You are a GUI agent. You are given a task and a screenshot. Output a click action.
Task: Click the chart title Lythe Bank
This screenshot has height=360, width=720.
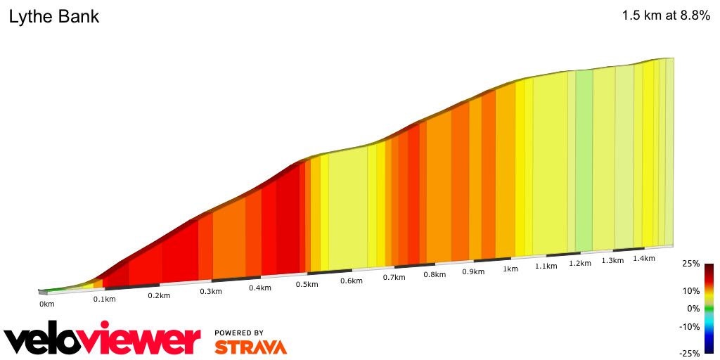(x=54, y=17)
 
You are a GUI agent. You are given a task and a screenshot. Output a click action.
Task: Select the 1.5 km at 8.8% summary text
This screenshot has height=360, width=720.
(x=665, y=17)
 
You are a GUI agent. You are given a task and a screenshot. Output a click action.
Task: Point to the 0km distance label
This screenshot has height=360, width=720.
(x=46, y=304)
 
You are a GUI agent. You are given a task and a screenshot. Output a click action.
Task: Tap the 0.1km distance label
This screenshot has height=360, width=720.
(x=104, y=300)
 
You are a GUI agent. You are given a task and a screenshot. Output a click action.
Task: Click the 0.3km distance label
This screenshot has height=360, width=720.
(x=211, y=291)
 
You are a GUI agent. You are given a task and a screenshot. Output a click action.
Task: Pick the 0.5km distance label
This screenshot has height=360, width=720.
(x=307, y=284)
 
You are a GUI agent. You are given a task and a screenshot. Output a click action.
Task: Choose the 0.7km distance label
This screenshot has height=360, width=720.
(x=394, y=277)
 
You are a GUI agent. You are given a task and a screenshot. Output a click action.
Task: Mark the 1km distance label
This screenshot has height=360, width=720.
(x=510, y=269)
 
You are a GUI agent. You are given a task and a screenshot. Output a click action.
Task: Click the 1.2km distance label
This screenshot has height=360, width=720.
(x=579, y=263)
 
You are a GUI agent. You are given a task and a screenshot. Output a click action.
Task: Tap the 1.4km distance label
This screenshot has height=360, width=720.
(x=644, y=258)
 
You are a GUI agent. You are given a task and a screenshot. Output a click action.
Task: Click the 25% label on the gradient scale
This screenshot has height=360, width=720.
(x=690, y=264)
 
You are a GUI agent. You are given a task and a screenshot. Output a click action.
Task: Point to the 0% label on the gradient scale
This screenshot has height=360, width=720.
(x=693, y=309)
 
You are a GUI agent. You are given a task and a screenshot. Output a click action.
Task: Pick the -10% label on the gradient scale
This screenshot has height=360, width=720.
(x=689, y=326)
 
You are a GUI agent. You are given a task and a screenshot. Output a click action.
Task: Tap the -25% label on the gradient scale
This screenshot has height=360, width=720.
(x=689, y=354)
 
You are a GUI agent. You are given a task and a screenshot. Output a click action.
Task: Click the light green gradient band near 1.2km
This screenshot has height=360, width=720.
(x=584, y=162)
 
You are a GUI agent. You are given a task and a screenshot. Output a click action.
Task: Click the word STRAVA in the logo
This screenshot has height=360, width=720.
(x=250, y=347)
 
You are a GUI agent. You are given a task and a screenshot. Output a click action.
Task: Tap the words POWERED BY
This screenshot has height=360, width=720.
(x=239, y=333)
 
